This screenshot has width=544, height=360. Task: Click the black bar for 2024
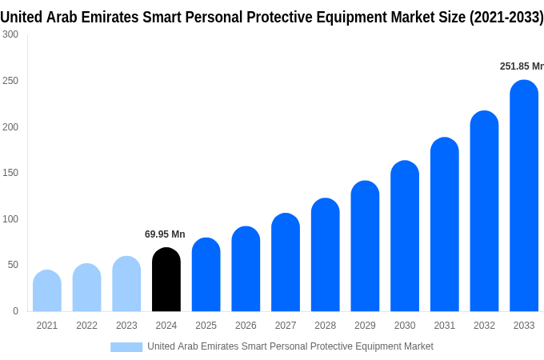point(166,280)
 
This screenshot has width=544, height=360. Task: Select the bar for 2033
point(524,196)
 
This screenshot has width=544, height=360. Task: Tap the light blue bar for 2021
point(47,291)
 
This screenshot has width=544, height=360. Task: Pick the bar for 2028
point(326,255)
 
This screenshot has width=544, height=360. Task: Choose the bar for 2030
point(405,236)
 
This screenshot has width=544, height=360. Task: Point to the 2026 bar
point(246,270)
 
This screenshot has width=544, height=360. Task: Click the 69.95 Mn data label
point(165,234)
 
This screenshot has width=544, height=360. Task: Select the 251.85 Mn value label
point(522,66)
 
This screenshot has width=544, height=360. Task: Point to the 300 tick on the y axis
point(10,34)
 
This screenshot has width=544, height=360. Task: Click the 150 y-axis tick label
point(10,173)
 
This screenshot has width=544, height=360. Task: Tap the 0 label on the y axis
point(15,311)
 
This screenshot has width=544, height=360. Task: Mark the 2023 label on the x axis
point(126,326)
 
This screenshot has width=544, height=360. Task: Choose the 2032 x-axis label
point(484,326)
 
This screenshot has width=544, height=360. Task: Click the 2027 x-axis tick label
point(286,326)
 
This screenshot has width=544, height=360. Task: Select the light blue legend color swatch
point(126,346)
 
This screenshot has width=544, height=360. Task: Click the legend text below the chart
point(290,346)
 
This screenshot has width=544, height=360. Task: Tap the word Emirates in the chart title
point(132,17)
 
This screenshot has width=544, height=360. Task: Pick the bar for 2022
point(87,288)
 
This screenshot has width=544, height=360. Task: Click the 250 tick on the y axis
point(10,81)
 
